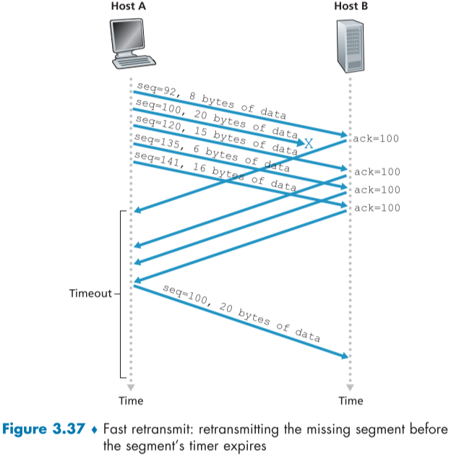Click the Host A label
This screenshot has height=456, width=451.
pos(131,7)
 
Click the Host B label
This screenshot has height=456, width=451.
pos(351,7)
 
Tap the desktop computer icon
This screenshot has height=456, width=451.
pos(130,43)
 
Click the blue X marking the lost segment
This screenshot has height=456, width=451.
pos(308,144)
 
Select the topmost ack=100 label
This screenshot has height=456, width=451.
pos(377,138)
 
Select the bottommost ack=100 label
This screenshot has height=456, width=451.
pos(377,208)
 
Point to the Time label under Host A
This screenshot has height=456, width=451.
pos(131,400)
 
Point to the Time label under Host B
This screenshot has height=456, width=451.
pos(351,400)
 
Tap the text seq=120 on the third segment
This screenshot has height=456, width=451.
pos(153,122)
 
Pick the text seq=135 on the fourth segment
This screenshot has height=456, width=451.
pos(153,139)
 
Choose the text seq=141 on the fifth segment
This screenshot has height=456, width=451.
pos(153,157)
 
